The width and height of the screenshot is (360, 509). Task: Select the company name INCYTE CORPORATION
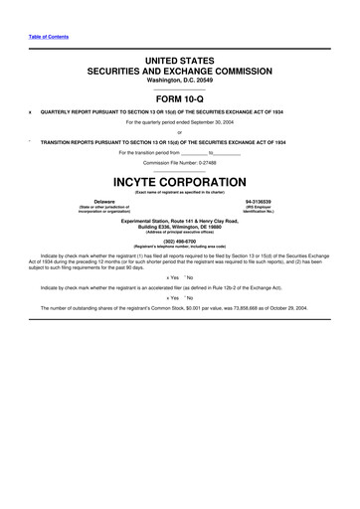click(x=179, y=183)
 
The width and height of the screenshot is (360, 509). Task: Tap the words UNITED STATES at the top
click(x=179, y=62)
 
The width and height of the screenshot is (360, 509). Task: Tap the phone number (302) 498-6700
click(x=179, y=240)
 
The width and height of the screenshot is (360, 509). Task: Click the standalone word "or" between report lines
click(x=179, y=132)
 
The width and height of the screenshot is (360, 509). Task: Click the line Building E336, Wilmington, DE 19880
click(x=179, y=224)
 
